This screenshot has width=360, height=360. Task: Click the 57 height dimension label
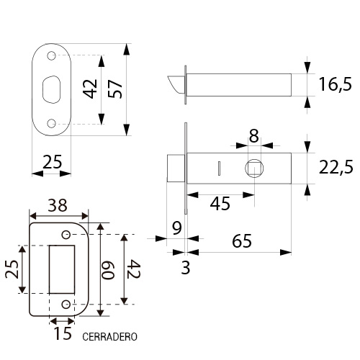[x=115, y=89]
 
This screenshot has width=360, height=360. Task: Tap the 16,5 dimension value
[x=335, y=84]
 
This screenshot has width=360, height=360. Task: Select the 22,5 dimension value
[x=336, y=167]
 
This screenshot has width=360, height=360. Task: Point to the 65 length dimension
[x=242, y=240]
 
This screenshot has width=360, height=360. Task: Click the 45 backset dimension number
[x=220, y=203]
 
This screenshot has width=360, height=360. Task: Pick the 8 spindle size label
[x=253, y=136]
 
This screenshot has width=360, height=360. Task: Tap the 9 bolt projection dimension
[x=177, y=228]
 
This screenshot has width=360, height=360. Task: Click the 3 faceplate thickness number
[x=186, y=268]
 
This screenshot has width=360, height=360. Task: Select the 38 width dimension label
[x=58, y=205]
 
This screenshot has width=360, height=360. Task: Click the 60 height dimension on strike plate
[x=108, y=270]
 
